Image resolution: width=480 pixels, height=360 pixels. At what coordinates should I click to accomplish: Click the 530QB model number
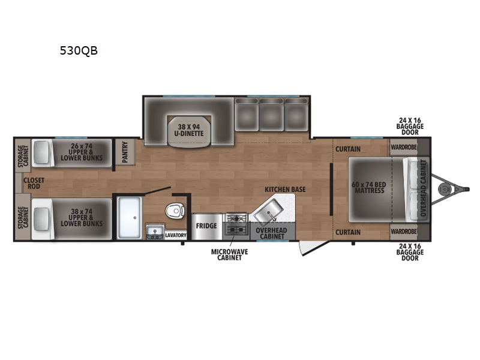pos(79,50)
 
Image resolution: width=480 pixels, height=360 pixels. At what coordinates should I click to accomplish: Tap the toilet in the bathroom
pos(175,211)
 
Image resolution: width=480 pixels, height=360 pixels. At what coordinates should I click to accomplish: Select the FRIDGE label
pos(206,226)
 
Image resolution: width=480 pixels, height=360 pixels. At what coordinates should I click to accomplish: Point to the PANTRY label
pos(125,152)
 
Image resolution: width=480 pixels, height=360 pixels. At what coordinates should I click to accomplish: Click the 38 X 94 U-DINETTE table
pos(189,130)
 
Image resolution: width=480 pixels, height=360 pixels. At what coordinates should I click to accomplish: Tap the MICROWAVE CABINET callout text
pos(230,254)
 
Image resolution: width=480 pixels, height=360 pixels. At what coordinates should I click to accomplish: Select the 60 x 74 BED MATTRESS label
pos(369,187)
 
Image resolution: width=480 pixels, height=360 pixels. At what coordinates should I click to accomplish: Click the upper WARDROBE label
pos(404,147)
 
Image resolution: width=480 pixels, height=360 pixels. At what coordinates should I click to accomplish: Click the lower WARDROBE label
pos(404,231)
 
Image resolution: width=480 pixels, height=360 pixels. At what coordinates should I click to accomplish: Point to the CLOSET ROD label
pos(34,183)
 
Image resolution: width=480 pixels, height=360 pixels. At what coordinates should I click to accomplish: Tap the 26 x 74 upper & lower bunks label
pos(82,152)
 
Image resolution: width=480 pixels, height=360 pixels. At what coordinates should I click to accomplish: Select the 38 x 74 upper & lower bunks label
pos(82,217)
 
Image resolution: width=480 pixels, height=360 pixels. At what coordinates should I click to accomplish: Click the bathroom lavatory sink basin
pos(155,231)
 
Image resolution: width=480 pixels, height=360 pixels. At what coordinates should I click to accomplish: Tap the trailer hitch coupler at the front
pos(444,190)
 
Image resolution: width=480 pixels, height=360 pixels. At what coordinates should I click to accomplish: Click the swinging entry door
pos(314,248)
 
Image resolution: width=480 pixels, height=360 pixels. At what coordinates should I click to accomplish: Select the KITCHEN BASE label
pos(285,190)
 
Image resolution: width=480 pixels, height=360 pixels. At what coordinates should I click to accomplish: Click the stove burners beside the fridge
pos(236,224)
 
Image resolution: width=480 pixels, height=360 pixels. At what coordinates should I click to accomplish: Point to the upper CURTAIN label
pos(348,149)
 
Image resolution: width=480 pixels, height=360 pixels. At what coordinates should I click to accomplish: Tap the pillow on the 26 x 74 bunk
pos(41,152)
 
